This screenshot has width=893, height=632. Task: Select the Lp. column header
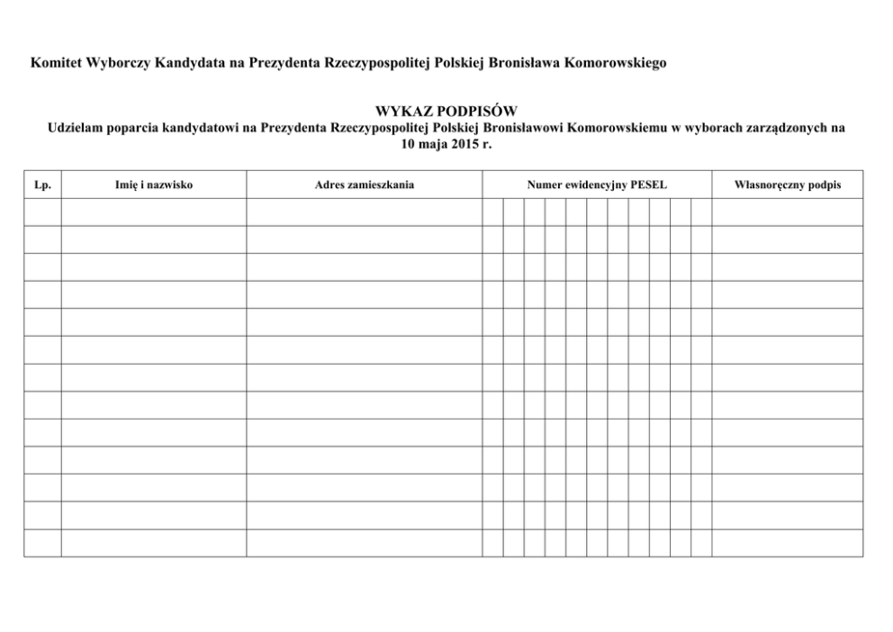tap(41, 185)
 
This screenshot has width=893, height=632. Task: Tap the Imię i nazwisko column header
tap(154, 185)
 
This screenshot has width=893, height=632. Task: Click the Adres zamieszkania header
tap(365, 185)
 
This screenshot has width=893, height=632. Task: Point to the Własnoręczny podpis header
tap(788, 185)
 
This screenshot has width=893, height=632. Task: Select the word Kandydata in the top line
tap(190, 64)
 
